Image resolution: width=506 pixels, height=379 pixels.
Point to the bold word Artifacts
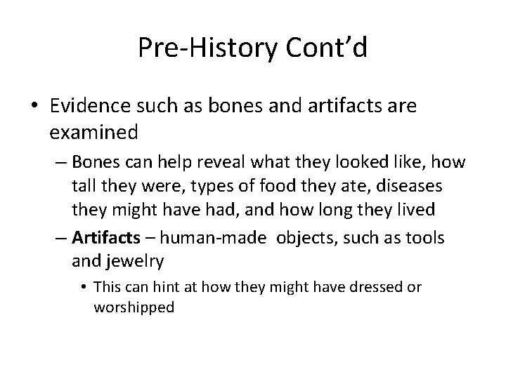102,238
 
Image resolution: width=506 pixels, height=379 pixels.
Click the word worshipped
134,307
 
